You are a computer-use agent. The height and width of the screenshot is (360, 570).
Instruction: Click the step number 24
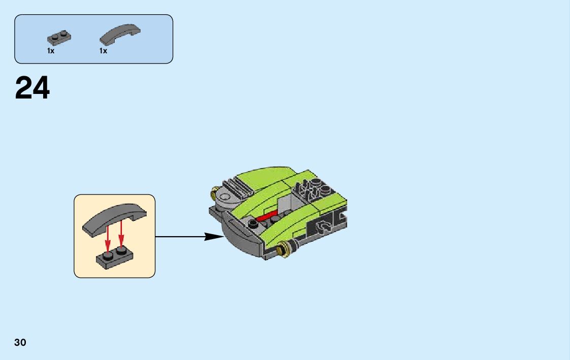[32, 88]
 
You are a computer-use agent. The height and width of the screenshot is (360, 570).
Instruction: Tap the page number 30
[20, 342]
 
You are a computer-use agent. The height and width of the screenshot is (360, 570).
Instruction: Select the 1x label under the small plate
[51, 51]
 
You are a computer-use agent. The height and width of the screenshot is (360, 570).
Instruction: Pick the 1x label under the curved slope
[103, 51]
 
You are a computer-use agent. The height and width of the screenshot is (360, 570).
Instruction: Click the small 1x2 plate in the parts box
[59, 38]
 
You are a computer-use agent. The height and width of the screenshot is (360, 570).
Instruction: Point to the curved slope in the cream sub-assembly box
[114, 216]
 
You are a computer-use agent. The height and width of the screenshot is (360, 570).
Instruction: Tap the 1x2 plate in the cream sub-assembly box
[114, 256]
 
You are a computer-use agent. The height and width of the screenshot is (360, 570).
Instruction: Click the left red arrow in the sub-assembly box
[108, 236]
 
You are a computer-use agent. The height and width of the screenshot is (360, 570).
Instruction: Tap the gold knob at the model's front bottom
[282, 250]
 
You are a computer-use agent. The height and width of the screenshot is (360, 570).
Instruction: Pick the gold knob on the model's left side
[214, 192]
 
